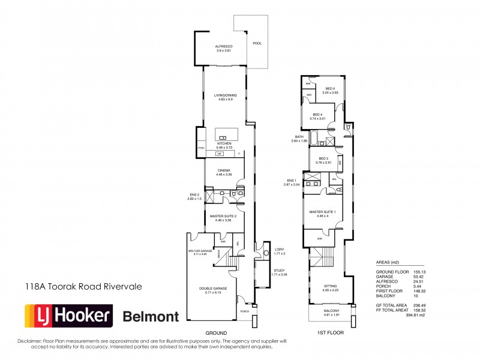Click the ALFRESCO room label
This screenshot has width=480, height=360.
coord(224,46)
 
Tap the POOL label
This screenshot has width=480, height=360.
coord(257,43)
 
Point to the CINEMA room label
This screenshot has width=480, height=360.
coord(223,170)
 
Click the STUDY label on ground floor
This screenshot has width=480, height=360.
coord(279,271)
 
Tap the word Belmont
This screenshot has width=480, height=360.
coord(151,316)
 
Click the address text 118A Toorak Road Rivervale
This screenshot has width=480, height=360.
coord(83,287)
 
